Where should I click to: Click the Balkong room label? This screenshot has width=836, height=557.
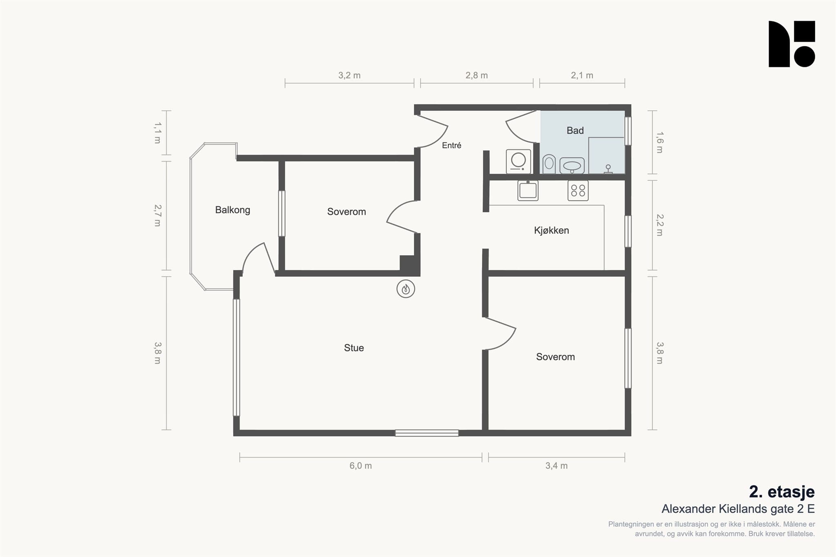coord(233,210)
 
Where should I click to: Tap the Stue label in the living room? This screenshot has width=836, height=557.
coord(354,348)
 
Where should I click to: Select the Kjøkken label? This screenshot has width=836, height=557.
coord(551,230)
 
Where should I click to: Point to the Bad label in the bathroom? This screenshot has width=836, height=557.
coord(575,130)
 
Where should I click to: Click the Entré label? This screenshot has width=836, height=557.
coord(451,145)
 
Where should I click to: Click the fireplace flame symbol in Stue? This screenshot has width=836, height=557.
coord(406,289)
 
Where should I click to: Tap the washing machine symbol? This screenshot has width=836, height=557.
coord(518,161)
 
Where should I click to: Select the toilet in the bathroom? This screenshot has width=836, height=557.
coord(549,164)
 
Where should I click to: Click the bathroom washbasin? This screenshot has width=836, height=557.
coord(572,166)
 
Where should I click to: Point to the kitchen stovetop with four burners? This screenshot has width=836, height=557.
coord(578,190)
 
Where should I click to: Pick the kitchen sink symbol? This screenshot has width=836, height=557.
coord(528,190)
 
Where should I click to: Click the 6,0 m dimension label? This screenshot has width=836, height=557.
coord(360,466)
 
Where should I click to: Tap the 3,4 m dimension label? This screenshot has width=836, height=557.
coord(556,466)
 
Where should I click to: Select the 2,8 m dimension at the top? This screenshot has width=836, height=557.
coord(476,75)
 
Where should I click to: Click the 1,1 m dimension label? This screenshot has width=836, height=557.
coord(158,133)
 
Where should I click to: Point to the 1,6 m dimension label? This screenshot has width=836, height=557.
coord(660,142)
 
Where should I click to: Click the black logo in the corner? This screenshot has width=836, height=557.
coord(792,44)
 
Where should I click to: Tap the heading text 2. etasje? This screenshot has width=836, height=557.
coord(782,492)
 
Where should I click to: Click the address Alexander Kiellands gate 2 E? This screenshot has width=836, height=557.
coord(738,509)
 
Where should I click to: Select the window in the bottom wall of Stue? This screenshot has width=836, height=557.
coord(427,433)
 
